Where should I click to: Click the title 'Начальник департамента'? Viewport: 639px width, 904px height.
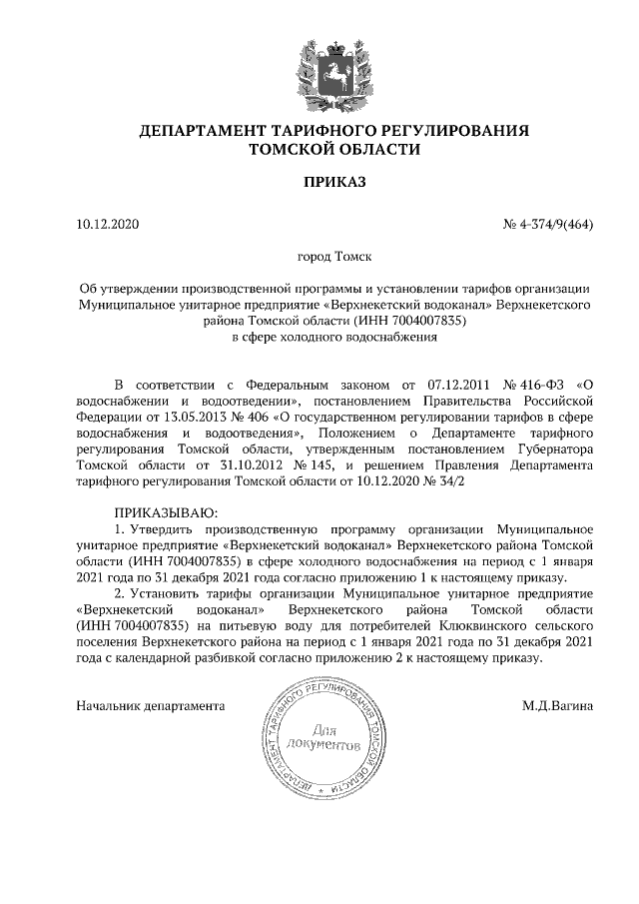pos(150,706)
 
